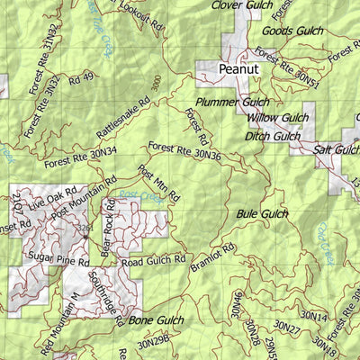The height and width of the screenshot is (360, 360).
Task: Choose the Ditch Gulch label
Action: (272, 136)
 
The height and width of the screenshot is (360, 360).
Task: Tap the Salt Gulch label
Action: (335, 149)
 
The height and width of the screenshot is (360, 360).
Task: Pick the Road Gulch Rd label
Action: (154, 260)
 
